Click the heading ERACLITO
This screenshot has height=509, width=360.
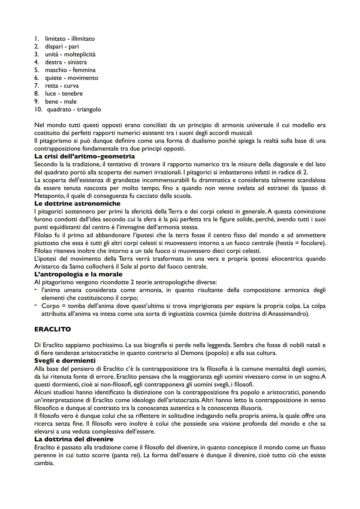click(52, 329)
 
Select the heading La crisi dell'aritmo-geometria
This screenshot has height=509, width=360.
click(84, 156)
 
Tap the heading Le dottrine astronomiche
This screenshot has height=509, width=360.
click(77, 203)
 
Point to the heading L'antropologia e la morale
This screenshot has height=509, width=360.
click(78, 274)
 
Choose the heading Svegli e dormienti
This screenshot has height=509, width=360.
click(65, 361)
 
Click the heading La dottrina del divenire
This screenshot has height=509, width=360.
click(74, 439)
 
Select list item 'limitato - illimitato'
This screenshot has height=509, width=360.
click(70, 39)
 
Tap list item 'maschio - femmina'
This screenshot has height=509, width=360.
click(70, 70)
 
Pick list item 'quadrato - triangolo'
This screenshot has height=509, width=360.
click(74, 109)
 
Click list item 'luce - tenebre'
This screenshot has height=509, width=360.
click(64, 94)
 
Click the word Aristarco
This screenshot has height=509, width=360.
click(46, 266)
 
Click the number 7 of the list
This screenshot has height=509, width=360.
click(37, 86)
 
